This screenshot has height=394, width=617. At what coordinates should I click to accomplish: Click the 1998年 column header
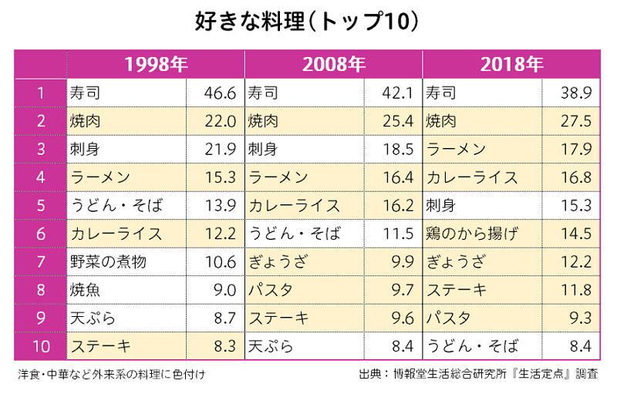coord(156,64)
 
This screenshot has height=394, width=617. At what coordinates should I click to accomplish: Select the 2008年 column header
coord(334,64)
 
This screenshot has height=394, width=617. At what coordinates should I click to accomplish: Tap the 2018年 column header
coord(511,64)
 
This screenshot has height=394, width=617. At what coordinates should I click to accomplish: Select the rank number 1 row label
coord(41,93)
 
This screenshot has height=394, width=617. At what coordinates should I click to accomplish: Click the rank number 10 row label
coord(41,346)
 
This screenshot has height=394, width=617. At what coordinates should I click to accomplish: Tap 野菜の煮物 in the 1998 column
coord(107,262)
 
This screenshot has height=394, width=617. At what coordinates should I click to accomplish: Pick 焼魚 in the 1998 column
coord(85,290)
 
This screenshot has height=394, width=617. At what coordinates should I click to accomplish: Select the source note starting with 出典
coord(478,375)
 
